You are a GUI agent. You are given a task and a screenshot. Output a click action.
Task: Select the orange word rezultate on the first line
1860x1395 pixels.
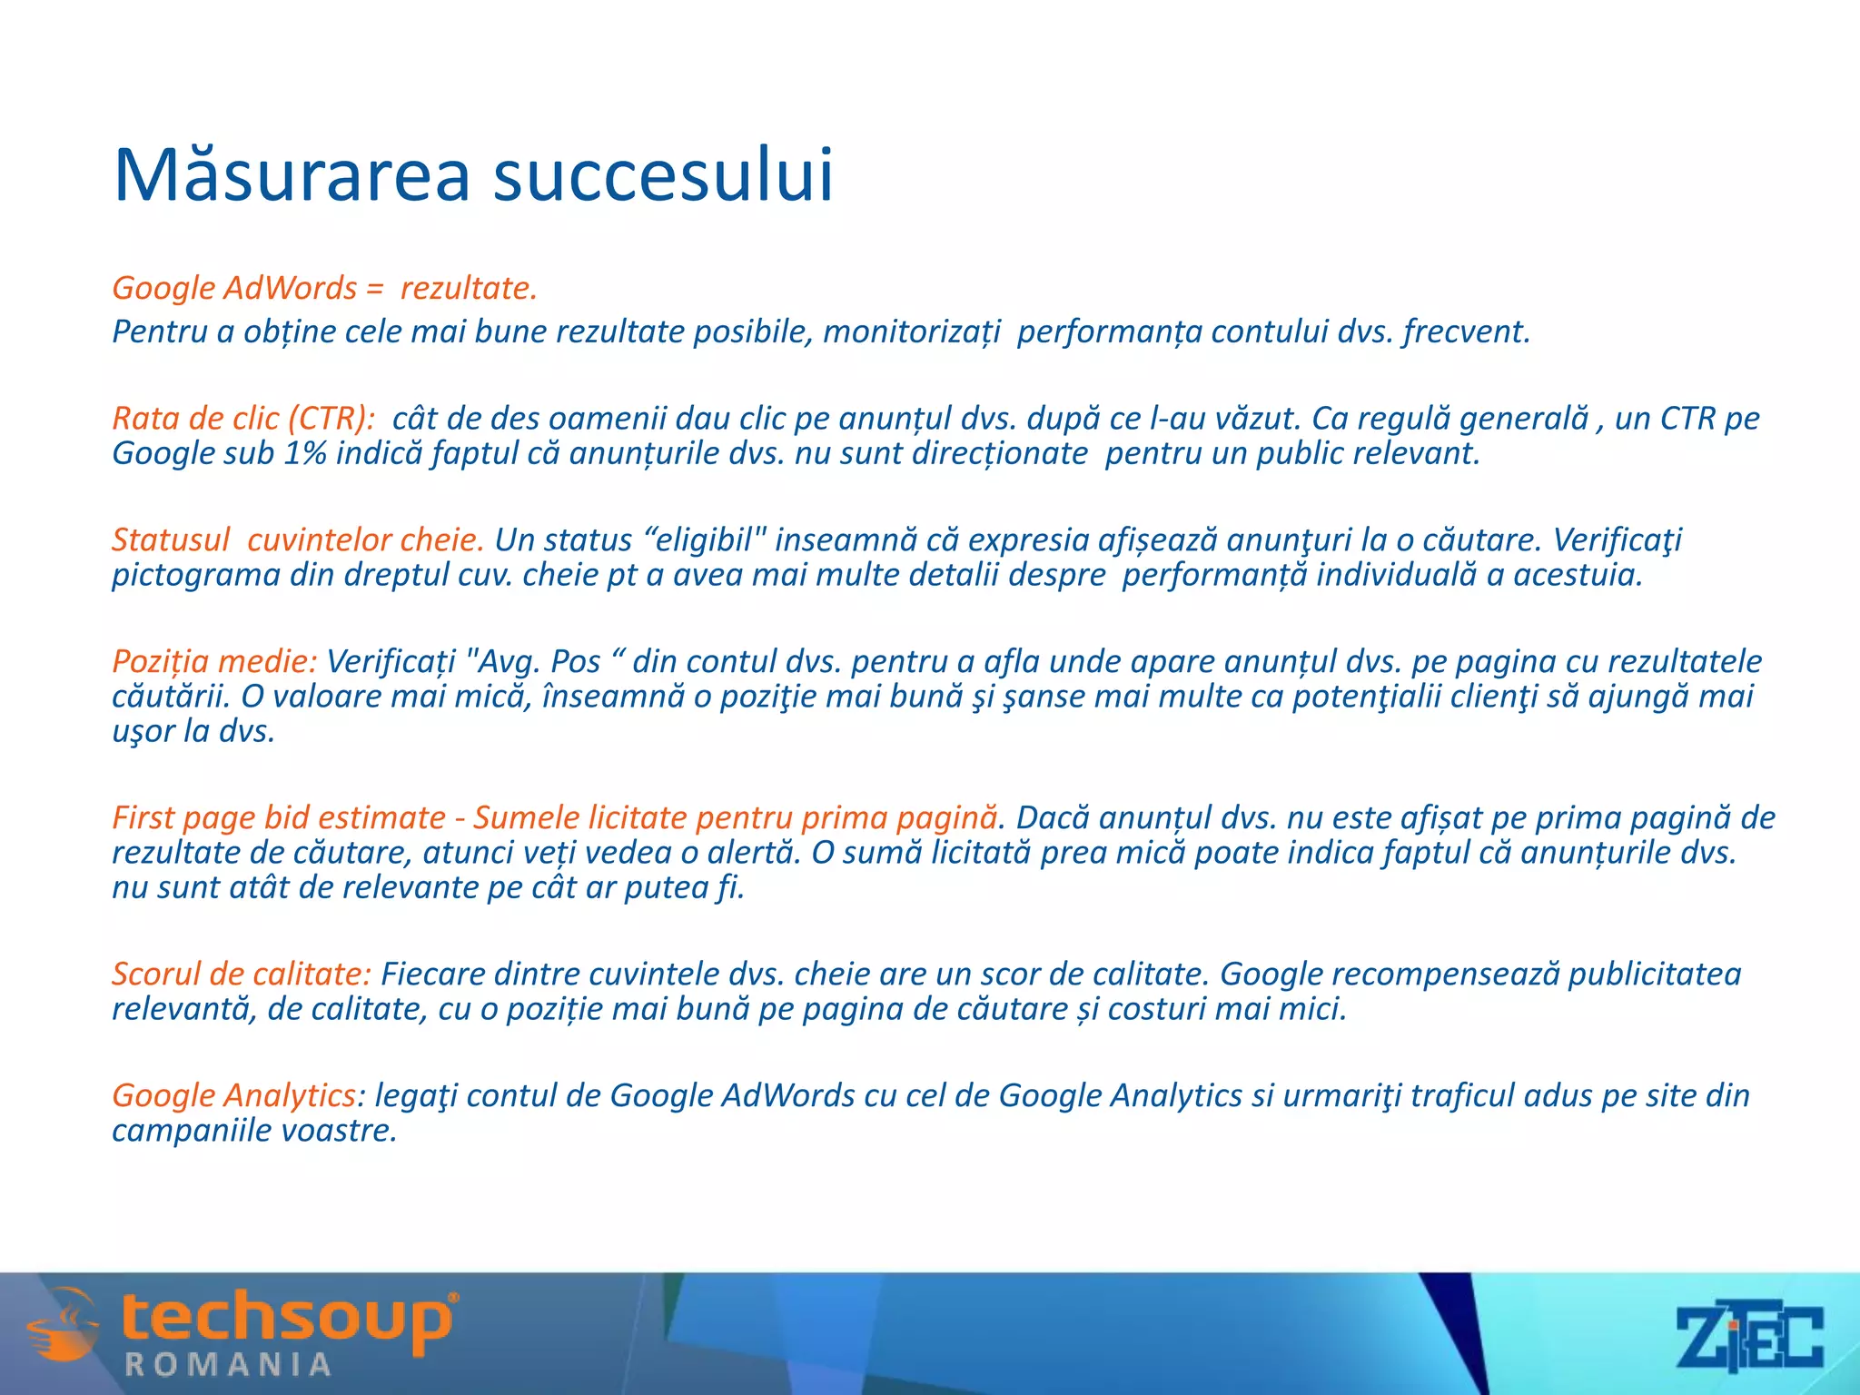point(468,288)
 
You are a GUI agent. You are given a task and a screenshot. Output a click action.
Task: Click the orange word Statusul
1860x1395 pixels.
point(171,539)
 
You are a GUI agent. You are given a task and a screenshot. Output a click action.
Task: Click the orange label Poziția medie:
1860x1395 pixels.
point(214,661)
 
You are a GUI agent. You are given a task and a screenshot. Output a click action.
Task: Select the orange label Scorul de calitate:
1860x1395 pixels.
point(242,974)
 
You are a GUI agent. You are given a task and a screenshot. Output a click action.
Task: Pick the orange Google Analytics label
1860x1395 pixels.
point(233,1095)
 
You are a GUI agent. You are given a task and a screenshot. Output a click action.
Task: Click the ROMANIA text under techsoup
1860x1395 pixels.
point(228,1364)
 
